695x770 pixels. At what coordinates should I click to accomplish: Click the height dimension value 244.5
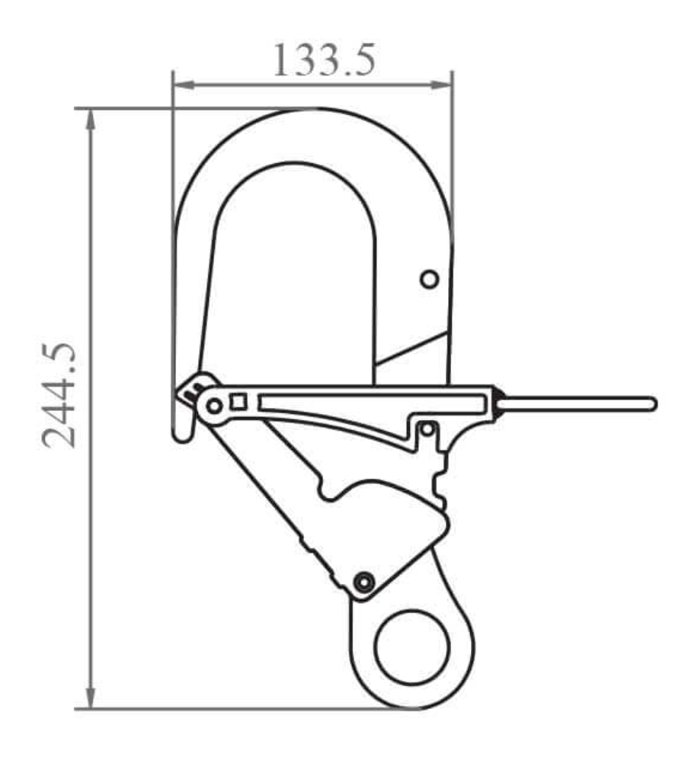pos(59,395)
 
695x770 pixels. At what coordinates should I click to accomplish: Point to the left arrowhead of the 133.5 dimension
pos(181,85)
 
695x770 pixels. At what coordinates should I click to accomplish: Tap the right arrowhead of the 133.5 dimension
pos(444,85)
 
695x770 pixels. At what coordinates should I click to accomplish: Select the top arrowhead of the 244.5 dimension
pos(91,118)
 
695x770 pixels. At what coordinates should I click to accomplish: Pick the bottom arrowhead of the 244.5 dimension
pos(91,699)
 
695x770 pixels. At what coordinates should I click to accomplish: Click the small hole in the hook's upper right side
pos(430,280)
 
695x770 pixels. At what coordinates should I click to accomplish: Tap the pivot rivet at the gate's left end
pos(214,406)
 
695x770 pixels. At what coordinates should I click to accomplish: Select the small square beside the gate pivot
pos(239,402)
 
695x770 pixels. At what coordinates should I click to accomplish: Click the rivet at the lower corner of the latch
pos(365,582)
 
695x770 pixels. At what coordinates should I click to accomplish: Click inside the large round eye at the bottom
pos(412,647)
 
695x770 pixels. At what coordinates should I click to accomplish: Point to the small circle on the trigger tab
pos(428,430)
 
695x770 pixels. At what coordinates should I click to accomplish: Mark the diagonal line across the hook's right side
pos(412,348)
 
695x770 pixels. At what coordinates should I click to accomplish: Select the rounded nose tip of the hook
pos(182,435)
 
